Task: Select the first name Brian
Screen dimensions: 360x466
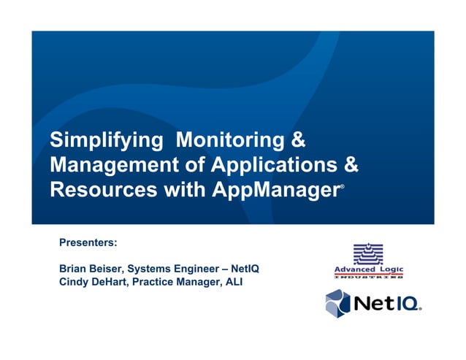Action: (73, 268)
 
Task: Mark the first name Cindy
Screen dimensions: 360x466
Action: (74, 283)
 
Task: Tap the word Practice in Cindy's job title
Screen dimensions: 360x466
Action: (167, 283)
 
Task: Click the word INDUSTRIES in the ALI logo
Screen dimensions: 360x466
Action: (368, 278)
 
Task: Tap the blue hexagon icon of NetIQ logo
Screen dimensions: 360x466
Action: (337, 302)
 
